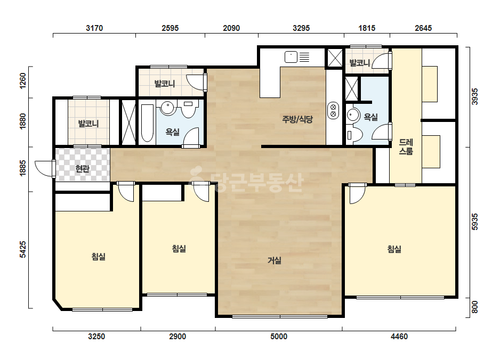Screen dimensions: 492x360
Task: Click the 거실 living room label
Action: (x=274, y=260)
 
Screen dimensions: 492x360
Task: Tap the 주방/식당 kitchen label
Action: (x=297, y=119)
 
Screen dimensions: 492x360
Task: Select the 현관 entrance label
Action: (x=82, y=169)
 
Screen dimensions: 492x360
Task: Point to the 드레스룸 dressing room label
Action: (x=406, y=147)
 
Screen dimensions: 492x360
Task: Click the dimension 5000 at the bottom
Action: (x=279, y=337)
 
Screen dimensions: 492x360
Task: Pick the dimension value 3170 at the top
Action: (x=94, y=28)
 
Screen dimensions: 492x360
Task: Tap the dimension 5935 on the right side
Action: (x=475, y=222)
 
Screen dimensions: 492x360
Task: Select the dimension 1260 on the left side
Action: (x=23, y=81)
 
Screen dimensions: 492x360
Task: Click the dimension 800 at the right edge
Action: (x=475, y=307)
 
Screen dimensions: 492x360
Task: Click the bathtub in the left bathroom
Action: (x=147, y=123)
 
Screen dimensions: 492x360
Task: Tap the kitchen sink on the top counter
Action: (x=291, y=57)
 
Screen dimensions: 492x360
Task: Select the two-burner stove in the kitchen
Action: (x=333, y=110)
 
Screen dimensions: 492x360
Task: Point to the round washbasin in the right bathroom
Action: (x=353, y=115)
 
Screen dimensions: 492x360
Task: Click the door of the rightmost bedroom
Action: (x=357, y=193)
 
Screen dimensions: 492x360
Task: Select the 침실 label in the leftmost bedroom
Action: (x=98, y=257)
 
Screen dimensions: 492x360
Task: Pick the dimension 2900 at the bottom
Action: (x=178, y=337)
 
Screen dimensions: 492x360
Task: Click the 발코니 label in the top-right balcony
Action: (x=360, y=63)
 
